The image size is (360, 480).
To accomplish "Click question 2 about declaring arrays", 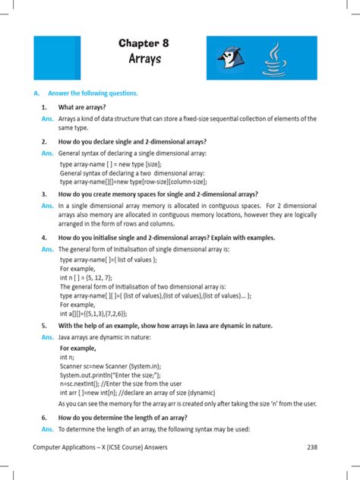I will coord(132,141).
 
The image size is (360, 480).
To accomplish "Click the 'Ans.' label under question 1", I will coord(47,118).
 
